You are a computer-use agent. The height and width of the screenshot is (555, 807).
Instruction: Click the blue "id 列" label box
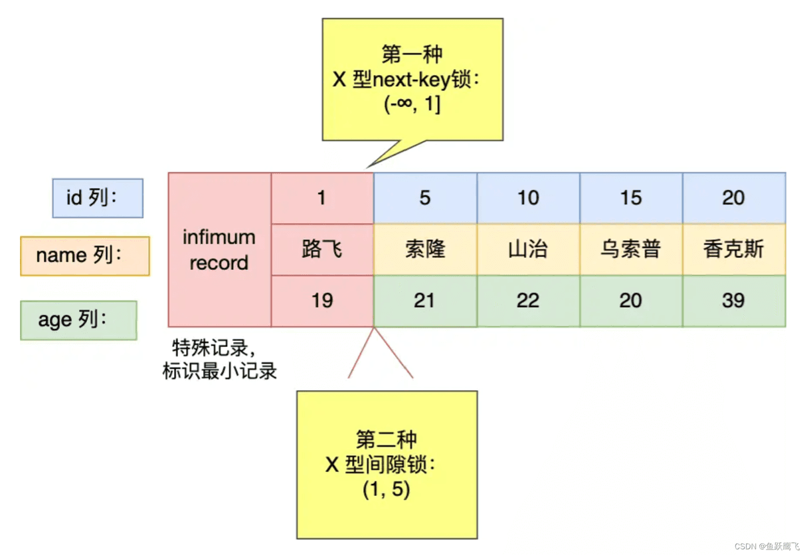(98, 198)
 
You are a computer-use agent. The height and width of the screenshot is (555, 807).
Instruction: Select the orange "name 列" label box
(85, 256)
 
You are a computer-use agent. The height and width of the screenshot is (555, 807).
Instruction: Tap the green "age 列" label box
(78, 320)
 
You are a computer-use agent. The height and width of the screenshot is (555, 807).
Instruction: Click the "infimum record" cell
(220, 250)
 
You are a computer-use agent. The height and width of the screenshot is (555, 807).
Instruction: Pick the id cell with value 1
(322, 198)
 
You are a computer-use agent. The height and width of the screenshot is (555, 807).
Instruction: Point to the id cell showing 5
(426, 198)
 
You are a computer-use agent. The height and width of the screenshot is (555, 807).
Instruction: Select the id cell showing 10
(529, 198)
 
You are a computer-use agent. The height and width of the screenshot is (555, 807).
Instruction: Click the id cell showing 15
(631, 198)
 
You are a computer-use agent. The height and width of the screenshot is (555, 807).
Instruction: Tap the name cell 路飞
(322, 249)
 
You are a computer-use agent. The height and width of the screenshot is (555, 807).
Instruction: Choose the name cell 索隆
(426, 249)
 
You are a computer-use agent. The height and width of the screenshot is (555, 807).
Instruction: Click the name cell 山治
(529, 249)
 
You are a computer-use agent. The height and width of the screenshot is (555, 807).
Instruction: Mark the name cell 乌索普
(631, 249)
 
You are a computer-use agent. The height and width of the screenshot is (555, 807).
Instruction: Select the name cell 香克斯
(734, 249)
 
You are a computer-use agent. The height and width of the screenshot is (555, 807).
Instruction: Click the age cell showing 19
(322, 301)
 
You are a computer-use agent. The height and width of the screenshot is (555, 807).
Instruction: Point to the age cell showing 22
(529, 301)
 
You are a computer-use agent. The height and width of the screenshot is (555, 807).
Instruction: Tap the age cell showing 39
(734, 301)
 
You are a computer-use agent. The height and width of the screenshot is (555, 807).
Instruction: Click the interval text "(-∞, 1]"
(412, 104)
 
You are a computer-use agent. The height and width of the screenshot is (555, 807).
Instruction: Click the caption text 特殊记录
(210, 348)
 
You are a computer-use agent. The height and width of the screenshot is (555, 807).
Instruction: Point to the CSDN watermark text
(766, 546)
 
